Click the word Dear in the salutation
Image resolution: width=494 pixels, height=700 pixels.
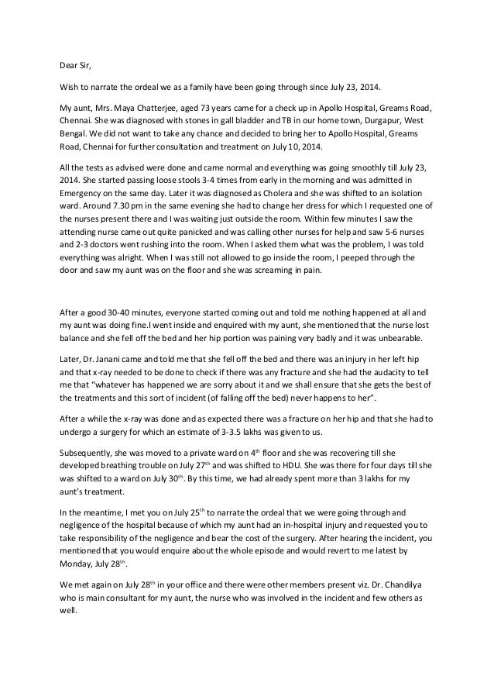70,64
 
